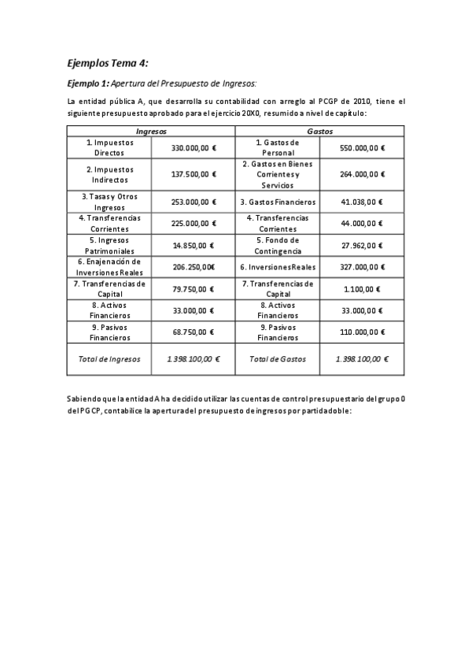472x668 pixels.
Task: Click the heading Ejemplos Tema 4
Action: [107, 63]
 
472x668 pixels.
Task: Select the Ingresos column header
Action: [151, 131]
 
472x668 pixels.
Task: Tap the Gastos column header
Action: [320, 131]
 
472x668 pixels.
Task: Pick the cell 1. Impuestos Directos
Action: [109, 148]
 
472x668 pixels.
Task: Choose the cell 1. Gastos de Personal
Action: [277, 148]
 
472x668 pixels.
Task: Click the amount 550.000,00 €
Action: [362, 148]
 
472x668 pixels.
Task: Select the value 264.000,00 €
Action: [362, 174]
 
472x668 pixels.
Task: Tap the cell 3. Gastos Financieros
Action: [277, 202]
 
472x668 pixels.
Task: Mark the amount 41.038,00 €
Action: [362, 202]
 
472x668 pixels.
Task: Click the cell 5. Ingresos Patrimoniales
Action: [109, 245]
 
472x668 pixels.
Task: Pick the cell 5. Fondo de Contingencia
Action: [277, 245]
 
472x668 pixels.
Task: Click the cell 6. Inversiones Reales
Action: [277, 267]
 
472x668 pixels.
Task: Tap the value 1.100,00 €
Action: [362, 289]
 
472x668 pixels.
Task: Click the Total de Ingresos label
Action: [109, 358]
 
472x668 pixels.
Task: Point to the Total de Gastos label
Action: [277, 358]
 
